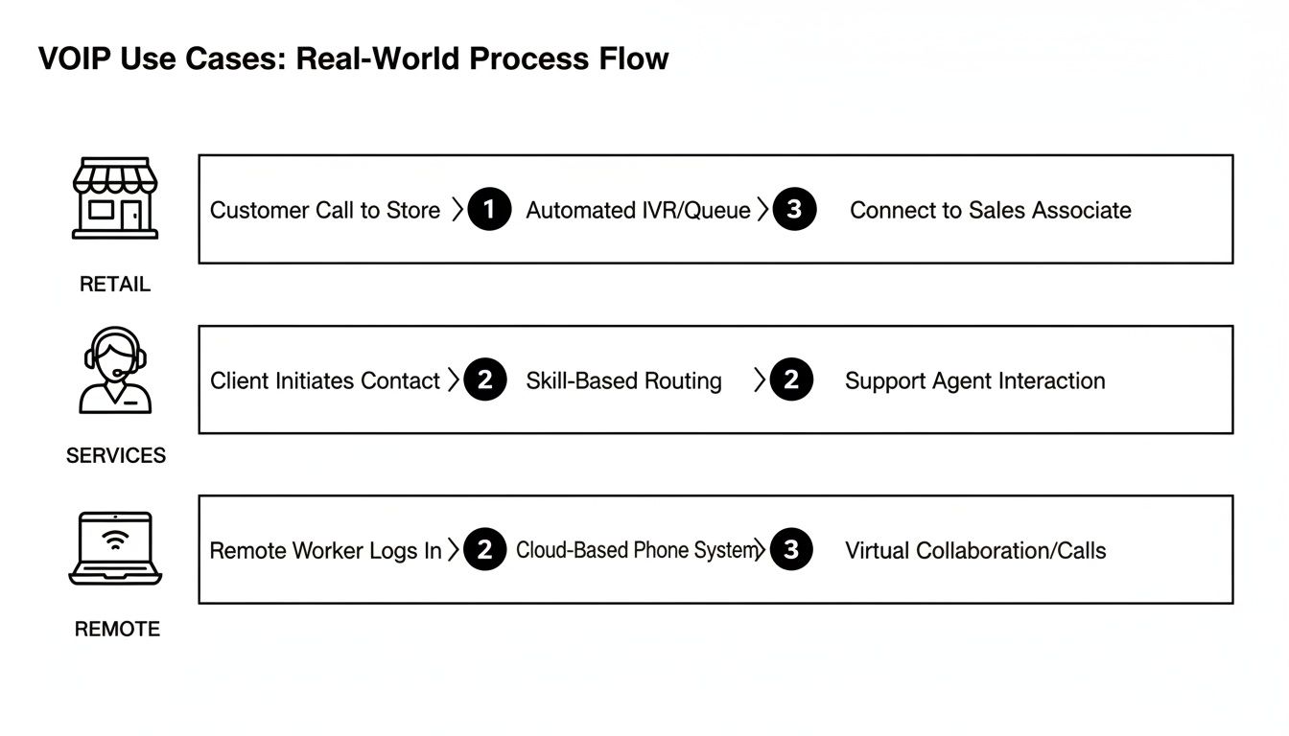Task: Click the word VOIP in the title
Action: coord(73,58)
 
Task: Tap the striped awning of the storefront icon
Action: coord(115,175)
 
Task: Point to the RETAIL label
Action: coord(115,285)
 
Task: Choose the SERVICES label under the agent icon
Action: coord(115,456)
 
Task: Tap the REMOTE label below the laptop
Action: coord(117,630)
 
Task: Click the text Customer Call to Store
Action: coord(325,210)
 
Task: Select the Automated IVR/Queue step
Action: coord(638,210)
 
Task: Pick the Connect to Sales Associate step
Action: coord(990,210)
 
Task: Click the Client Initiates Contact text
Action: coord(324,380)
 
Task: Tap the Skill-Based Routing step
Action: coord(623,380)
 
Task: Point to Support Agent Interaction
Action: coord(974,380)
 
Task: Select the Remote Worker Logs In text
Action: coord(325,551)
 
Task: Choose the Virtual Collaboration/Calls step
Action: coord(975,551)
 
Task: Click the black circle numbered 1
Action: coord(489,210)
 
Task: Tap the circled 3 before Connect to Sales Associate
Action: coord(793,210)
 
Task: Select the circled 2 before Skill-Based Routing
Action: coord(484,380)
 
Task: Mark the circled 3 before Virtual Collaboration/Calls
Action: coord(790,550)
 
